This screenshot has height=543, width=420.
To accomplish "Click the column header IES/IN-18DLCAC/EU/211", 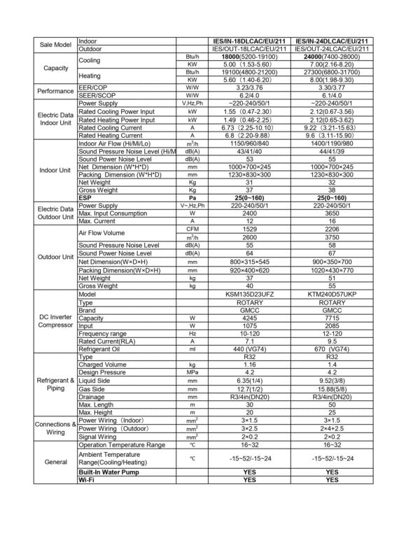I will (x=250, y=41).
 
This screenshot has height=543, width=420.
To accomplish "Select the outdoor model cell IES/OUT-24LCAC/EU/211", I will (x=332, y=50).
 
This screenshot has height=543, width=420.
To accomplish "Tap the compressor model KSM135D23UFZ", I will (x=250, y=295).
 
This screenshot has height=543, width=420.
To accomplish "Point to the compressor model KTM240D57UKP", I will (x=332, y=295).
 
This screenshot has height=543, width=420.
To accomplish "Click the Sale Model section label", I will (x=56, y=45).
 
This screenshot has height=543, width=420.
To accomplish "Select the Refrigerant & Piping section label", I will (x=56, y=384).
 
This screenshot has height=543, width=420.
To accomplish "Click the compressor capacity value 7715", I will (x=332, y=318).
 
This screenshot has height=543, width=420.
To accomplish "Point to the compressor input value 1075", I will (x=250, y=326).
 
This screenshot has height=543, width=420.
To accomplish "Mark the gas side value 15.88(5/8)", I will (x=332, y=388).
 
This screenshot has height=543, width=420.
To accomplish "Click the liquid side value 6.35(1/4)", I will (x=250, y=381).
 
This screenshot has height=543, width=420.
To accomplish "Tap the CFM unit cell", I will (x=192, y=230).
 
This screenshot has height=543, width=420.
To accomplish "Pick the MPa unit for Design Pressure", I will (x=192, y=373).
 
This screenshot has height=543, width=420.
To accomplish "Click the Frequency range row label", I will (x=103, y=334).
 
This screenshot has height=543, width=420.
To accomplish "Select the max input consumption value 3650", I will (x=332, y=213).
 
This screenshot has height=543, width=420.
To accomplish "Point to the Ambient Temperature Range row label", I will (x=113, y=458).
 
